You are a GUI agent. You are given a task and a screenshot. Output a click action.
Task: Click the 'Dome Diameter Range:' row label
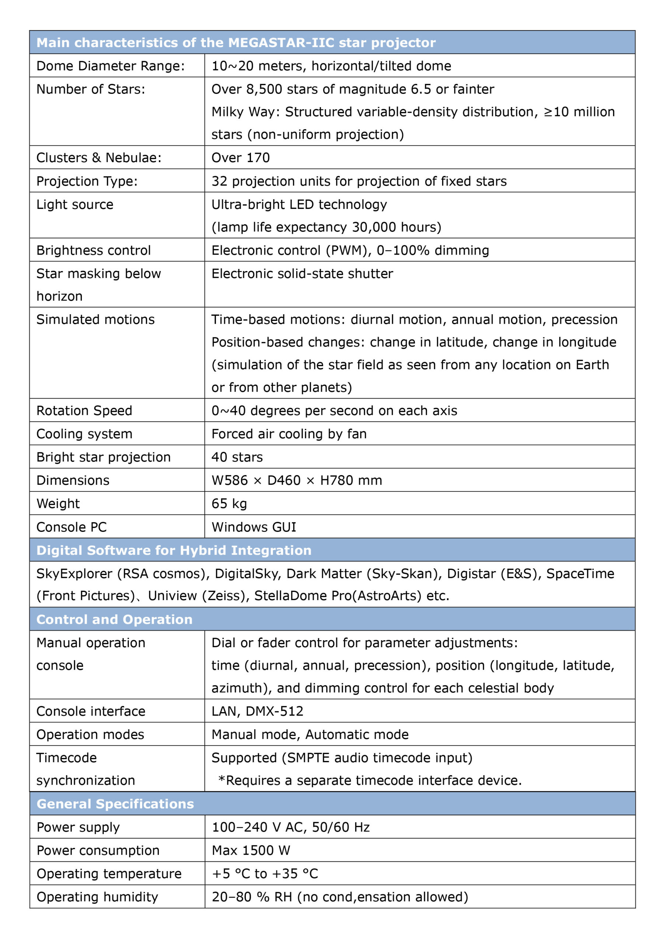click(x=111, y=66)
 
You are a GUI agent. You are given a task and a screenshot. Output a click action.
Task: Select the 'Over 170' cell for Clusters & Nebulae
click(x=241, y=158)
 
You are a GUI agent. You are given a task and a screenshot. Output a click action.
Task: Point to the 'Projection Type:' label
click(x=87, y=181)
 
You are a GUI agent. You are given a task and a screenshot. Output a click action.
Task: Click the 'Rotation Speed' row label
click(x=84, y=410)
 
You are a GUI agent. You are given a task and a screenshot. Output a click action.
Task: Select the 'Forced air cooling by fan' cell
click(x=289, y=434)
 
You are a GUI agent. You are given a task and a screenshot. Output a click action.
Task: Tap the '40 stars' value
click(x=237, y=457)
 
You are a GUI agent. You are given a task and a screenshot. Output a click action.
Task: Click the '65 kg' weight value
click(x=229, y=504)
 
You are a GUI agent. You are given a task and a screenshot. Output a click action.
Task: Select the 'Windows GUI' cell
click(x=254, y=527)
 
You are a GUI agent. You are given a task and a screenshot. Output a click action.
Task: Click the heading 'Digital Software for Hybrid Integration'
click(x=174, y=550)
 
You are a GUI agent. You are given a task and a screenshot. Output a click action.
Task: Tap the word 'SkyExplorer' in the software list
click(x=74, y=574)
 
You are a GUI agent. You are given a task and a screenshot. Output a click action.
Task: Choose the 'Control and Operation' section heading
click(x=114, y=619)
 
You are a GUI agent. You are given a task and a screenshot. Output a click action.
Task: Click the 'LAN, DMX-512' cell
click(x=258, y=711)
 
